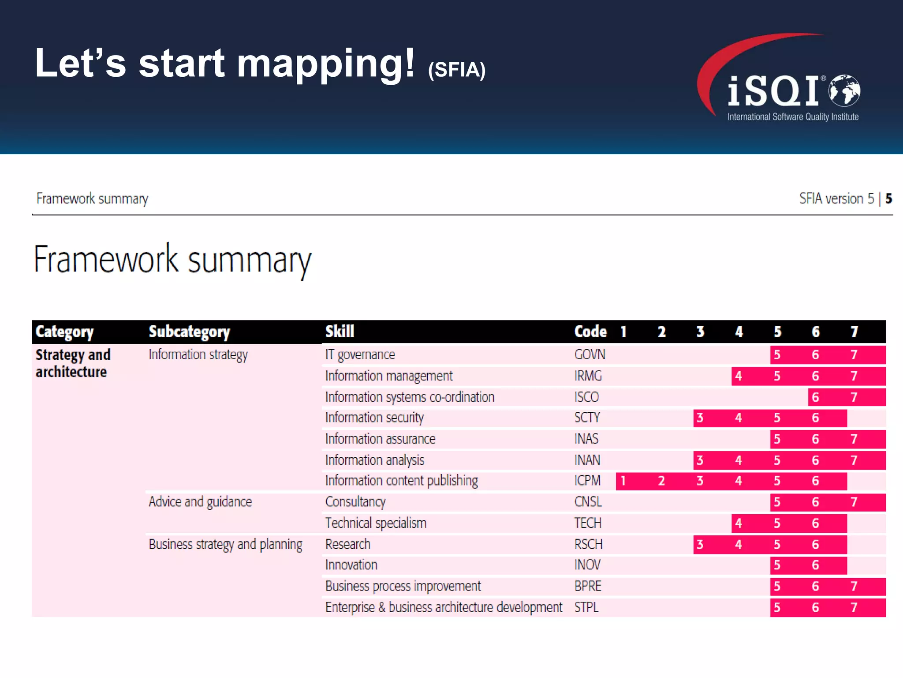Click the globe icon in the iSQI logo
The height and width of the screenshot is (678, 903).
coord(844,90)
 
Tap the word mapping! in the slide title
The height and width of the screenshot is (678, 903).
coord(326,64)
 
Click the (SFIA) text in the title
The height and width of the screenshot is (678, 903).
coord(457,70)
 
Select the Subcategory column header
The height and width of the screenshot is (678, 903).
coord(189,331)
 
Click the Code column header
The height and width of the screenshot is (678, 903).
coord(590,331)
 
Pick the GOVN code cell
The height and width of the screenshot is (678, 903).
coord(590,354)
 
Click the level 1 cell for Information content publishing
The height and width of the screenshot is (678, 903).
coord(623,481)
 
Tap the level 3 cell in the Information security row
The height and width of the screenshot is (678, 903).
coord(700,418)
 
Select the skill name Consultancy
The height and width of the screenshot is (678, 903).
coord(355,502)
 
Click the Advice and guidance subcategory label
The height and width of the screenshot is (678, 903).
coord(200,502)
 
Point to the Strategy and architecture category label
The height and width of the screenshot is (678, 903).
coord(73,363)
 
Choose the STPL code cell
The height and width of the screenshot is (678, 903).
coord(586,607)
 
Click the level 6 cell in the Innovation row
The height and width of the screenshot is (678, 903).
coord(815,565)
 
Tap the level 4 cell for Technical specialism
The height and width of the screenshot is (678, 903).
coord(739,523)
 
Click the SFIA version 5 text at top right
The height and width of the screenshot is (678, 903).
coord(836,199)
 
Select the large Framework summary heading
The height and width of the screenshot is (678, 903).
coord(172,260)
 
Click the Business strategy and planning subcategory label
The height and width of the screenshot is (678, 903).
coord(225,544)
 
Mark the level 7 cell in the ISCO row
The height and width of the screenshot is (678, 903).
coord(854,397)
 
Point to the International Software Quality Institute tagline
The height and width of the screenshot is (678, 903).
coord(793,117)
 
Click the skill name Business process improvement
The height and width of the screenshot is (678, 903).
coord(403,586)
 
